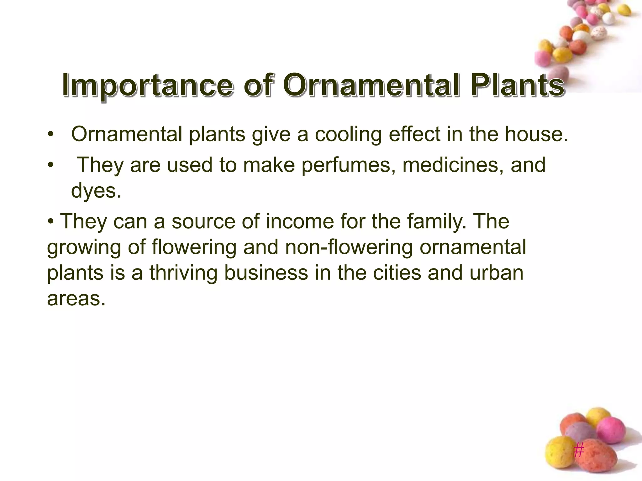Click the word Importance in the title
pos(147,85)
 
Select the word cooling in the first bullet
pos(348,135)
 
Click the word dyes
pos(95,191)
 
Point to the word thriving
pos(183,273)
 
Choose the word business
pos(266,273)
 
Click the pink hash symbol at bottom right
pos(579,451)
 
